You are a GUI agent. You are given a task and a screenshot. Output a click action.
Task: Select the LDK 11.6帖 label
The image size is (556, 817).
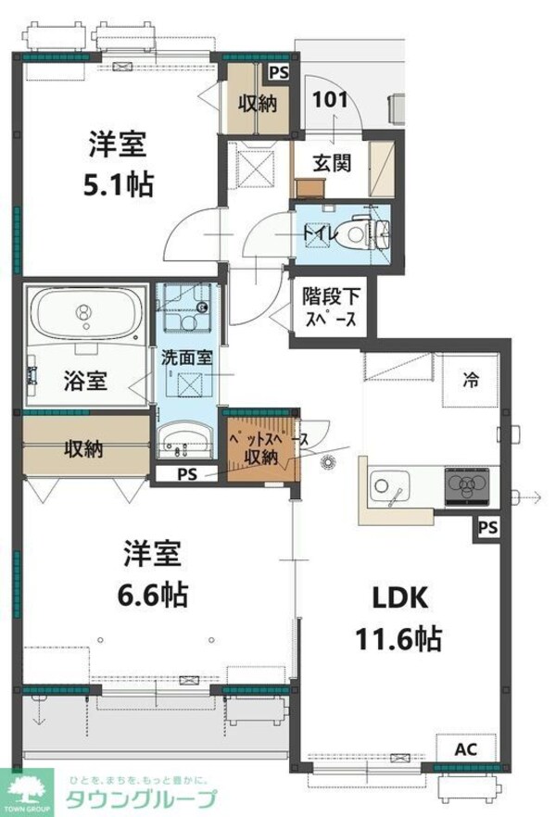pyautogui.click(x=400, y=618)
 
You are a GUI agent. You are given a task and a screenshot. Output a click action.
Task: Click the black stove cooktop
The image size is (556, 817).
pyautogui.click(x=470, y=484)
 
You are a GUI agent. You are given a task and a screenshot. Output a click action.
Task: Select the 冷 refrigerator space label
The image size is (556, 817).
pyautogui.click(x=472, y=378)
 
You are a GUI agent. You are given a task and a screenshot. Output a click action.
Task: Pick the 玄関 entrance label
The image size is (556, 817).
pyautogui.click(x=331, y=164)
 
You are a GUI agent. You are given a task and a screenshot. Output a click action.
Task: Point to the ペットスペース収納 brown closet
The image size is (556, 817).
pyautogui.click(x=262, y=447)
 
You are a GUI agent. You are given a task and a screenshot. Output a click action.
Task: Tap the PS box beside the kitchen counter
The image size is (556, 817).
pyautogui.click(x=487, y=527)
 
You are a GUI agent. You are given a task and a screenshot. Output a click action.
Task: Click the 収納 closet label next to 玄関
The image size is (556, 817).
pyautogui.click(x=259, y=103)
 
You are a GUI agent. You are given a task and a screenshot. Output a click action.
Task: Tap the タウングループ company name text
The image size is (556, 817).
pyautogui.click(x=139, y=801)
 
